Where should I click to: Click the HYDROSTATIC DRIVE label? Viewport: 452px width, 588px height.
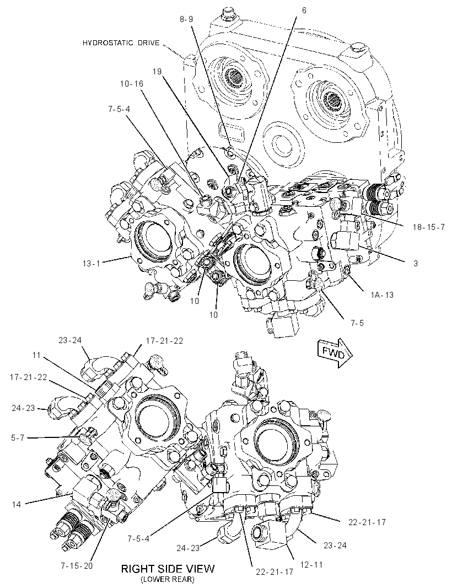[121, 43]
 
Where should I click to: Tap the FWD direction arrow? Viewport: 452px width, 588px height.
[335, 352]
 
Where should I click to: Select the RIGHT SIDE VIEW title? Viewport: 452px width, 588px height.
[168, 569]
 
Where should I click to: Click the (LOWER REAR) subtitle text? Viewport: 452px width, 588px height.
[168, 580]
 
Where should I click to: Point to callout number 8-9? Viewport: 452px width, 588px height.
[186, 19]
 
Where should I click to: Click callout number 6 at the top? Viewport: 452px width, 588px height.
[304, 10]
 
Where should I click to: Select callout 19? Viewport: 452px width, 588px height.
[157, 71]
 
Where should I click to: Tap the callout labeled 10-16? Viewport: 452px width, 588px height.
[132, 84]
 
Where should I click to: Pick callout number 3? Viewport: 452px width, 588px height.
[415, 263]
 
